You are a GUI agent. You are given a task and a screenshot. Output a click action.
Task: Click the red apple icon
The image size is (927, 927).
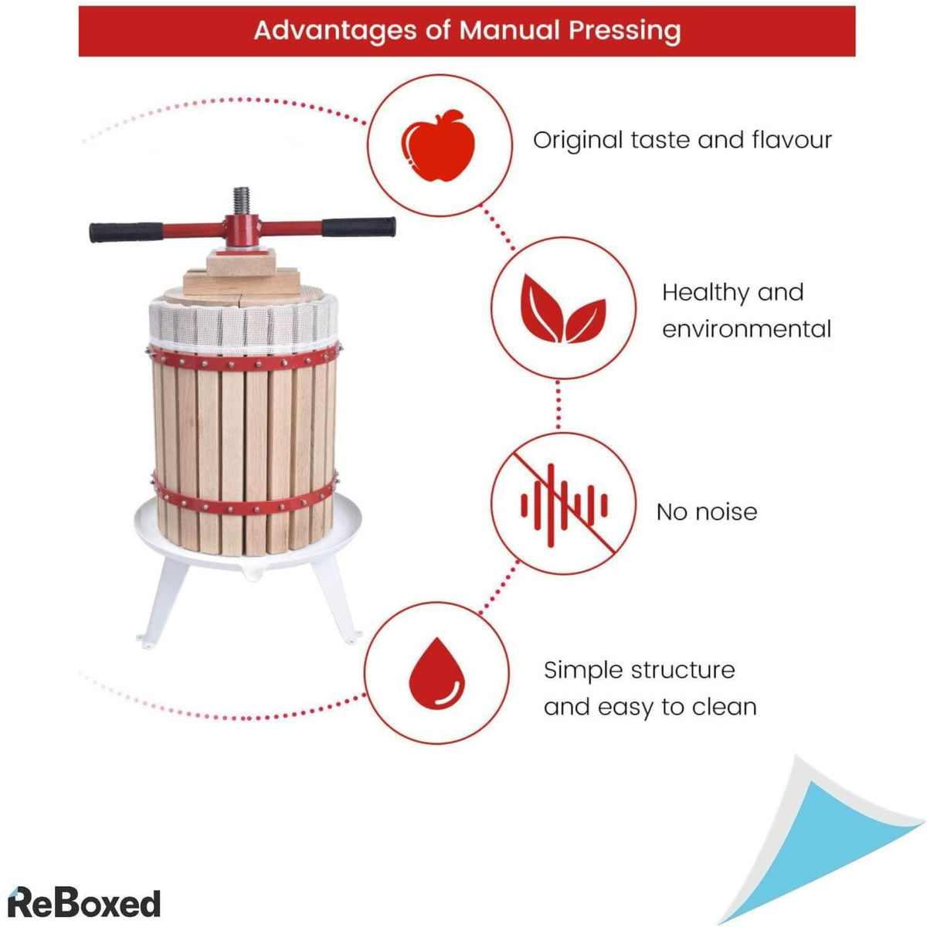[x=438, y=146]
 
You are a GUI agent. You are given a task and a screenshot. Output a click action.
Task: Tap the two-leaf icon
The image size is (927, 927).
[x=563, y=308]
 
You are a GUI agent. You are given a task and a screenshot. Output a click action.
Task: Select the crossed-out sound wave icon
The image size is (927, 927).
[x=564, y=504]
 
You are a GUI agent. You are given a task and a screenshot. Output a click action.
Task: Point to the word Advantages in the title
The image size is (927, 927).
[x=335, y=31]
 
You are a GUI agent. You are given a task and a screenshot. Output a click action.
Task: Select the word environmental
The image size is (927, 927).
[x=746, y=330]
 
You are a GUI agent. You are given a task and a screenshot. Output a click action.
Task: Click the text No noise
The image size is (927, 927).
[x=707, y=512]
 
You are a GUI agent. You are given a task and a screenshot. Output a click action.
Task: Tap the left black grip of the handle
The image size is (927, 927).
[x=126, y=232]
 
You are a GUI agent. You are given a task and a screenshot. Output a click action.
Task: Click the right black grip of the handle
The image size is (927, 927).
[x=359, y=227]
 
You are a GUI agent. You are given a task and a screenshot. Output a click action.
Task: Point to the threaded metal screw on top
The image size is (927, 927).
[x=242, y=201]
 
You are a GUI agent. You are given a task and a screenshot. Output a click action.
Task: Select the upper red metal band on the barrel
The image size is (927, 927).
[x=244, y=358]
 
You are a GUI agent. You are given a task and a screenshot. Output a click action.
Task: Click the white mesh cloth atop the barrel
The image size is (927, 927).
[x=243, y=323]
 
